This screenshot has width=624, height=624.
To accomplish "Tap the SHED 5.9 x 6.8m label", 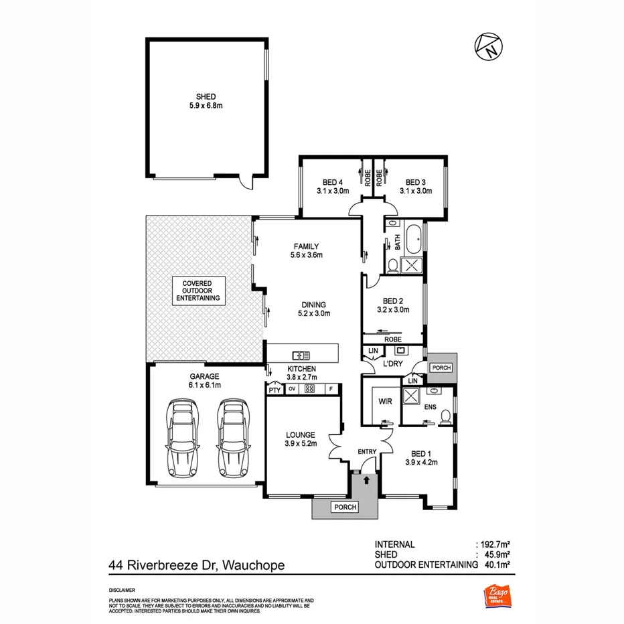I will [x=206, y=100].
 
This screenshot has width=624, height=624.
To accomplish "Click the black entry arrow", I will [x=366, y=479].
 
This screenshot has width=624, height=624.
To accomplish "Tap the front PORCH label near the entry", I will [x=345, y=508].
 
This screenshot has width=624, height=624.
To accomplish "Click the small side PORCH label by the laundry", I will [x=442, y=368].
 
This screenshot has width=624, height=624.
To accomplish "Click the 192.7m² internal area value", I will [x=495, y=544].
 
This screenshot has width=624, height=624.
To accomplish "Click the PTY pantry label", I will [x=274, y=390].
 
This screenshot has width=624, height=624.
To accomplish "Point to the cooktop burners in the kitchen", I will [x=310, y=389].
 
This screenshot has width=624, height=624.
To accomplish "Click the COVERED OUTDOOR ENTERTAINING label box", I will [x=197, y=291].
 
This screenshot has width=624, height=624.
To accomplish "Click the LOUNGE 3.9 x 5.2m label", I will [x=299, y=439].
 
